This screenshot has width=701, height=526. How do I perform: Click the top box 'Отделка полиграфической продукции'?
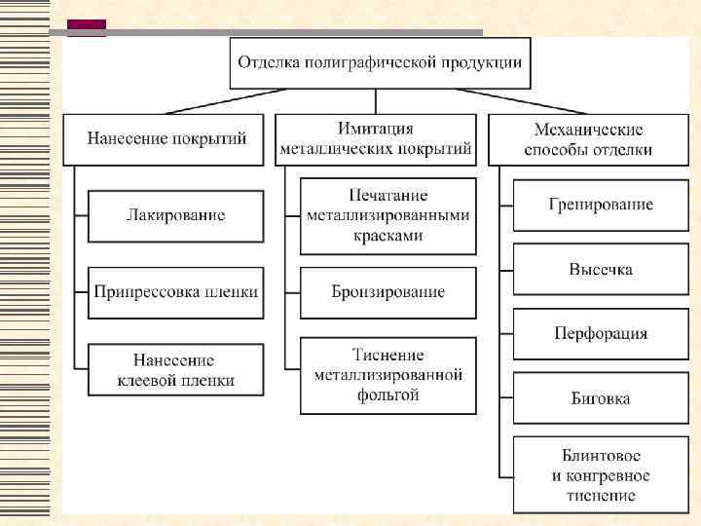381,62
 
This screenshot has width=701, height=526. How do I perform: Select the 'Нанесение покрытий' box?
166,139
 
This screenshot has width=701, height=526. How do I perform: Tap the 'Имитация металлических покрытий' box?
376,139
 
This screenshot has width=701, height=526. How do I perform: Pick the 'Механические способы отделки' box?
588,139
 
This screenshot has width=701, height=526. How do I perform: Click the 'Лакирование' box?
175,215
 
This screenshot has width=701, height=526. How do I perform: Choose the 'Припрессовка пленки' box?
175,291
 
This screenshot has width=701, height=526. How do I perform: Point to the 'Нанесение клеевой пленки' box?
175,370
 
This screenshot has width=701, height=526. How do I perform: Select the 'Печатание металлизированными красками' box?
388,215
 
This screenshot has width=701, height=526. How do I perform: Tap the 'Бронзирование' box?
388,292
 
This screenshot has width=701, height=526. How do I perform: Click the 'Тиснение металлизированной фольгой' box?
388,375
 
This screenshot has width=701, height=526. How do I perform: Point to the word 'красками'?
388,236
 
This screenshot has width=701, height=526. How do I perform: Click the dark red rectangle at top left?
87,27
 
